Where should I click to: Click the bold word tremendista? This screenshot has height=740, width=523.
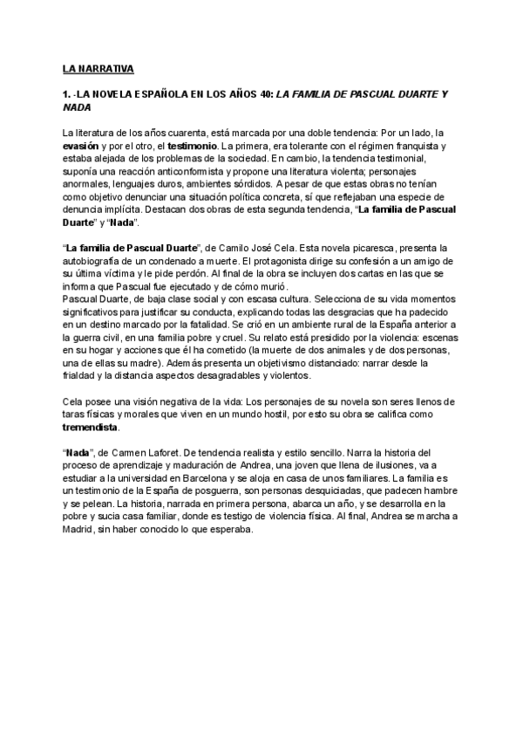tap(92, 429)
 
